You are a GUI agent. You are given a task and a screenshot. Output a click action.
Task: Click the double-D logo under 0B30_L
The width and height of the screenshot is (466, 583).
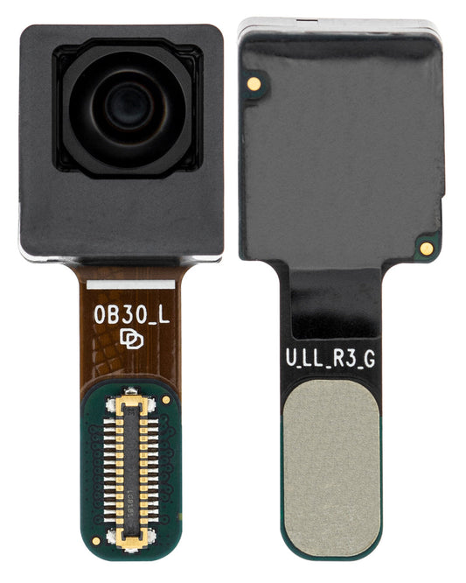pyautogui.click(x=129, y=339)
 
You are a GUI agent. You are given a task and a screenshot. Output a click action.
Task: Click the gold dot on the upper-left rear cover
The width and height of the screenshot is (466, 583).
pyautogui.click(x=253, y=82)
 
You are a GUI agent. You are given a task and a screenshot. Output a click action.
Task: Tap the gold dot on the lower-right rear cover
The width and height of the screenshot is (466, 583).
pyautogui.click(x=426, y=248)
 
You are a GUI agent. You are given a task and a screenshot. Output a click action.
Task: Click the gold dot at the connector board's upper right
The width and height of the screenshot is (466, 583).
pyautogui.click(x=166, y=400)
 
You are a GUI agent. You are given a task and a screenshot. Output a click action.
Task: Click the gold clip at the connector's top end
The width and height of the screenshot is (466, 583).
pyautogui.click(x=129, y=401)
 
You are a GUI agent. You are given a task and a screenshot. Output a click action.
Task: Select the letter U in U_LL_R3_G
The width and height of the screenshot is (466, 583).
pyautogui.click(x=291, y=359)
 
